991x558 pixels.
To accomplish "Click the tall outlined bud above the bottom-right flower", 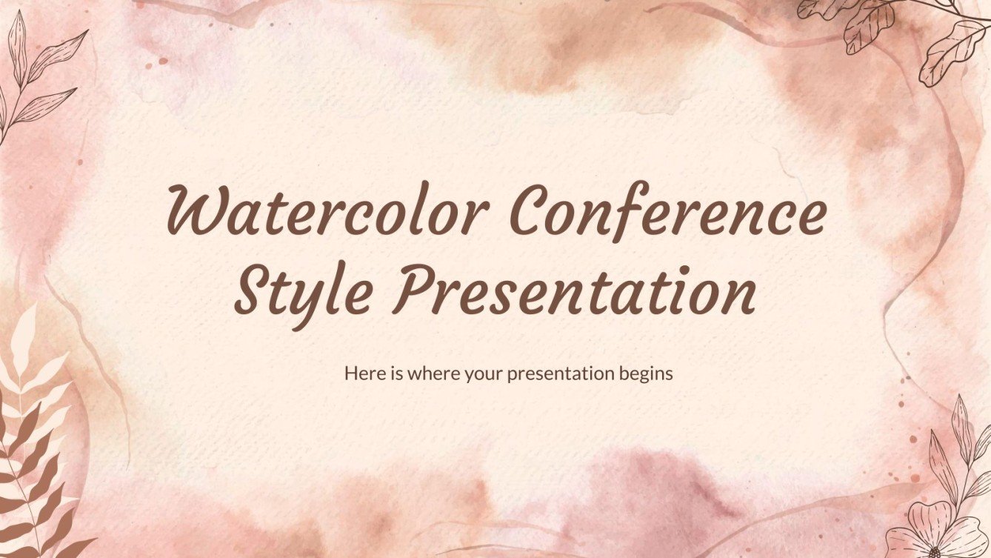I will click(x=961, y=430).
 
